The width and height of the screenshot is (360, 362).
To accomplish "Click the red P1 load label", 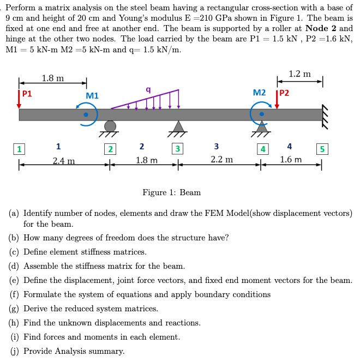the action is pos(27,93).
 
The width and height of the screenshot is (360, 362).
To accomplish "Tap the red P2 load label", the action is pos(284,93).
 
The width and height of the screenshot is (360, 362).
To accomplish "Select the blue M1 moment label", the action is pos(92,96).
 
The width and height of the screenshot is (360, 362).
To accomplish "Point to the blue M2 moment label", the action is pos(260,93).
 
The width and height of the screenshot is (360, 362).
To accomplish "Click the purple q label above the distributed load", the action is pos(148,89).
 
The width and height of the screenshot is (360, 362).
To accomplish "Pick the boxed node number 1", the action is pos(20,148).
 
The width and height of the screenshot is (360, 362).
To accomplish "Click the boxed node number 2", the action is pos(110,148).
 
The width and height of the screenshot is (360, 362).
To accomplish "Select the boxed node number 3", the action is pos(177,148).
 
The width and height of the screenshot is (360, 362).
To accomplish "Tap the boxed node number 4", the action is pos(263,148).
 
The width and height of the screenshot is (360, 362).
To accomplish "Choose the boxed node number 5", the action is pos(322,148).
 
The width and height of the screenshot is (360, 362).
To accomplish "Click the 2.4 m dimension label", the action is pos(64,160).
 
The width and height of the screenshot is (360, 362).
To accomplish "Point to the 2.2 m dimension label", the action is pos(221,160).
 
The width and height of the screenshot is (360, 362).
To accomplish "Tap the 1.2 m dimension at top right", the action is pos(299,74).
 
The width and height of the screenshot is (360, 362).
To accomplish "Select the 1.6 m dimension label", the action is pos(291,160).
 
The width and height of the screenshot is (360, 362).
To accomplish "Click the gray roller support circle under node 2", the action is pos(110,126).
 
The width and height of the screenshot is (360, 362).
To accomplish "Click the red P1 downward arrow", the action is pos(19,101).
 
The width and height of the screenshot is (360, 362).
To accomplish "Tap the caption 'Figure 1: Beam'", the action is pos(171,192).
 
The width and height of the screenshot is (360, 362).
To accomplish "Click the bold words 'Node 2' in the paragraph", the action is pos(324,28).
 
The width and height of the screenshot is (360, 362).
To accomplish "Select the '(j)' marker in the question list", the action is pos(15,351).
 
